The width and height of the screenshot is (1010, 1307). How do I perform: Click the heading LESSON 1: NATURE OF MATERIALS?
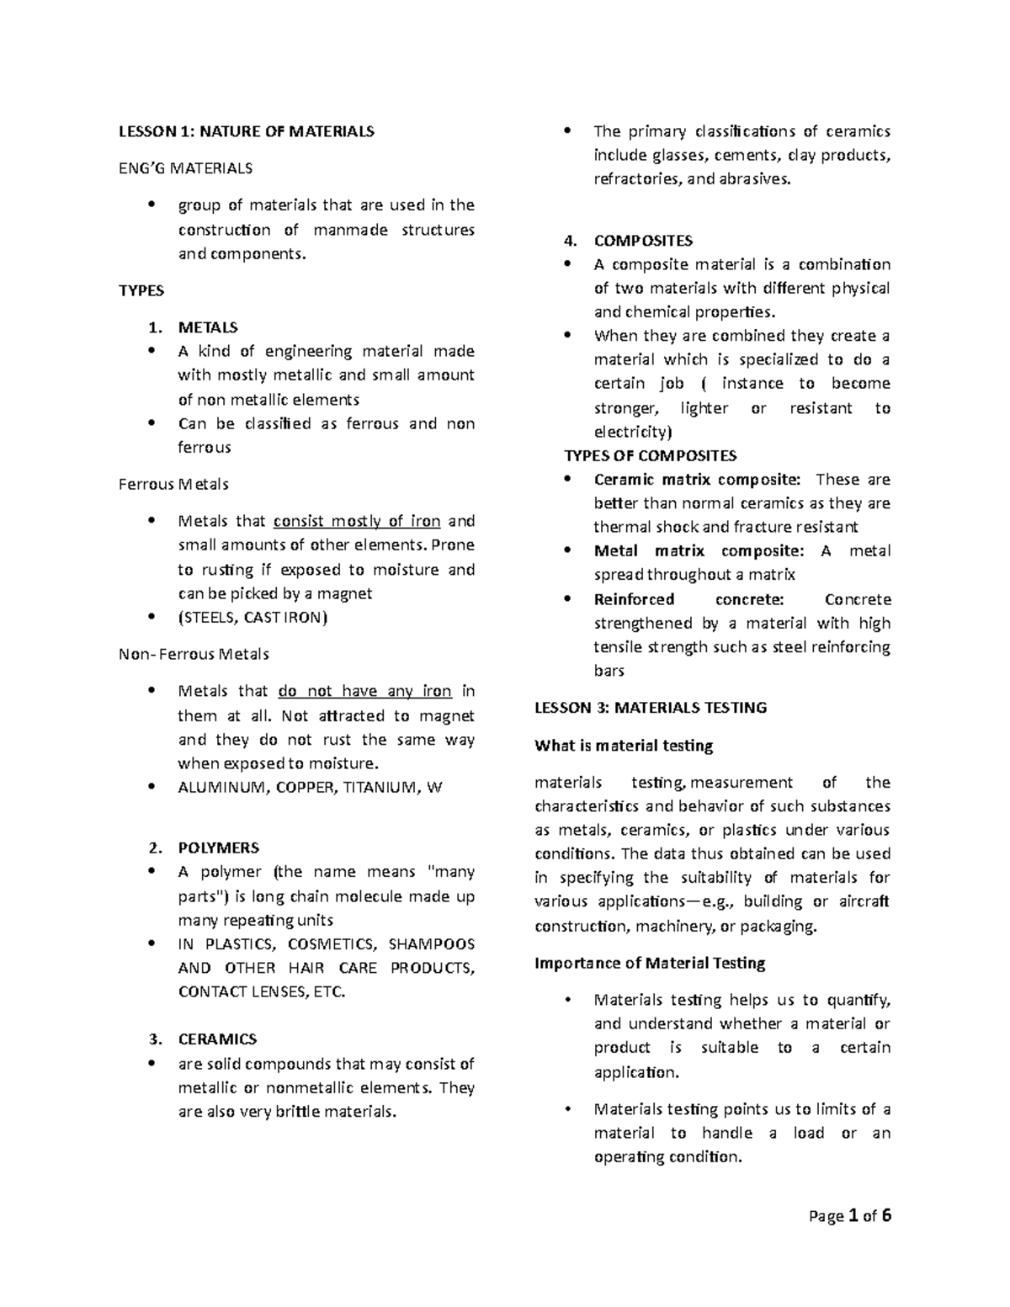(x=246, y=131)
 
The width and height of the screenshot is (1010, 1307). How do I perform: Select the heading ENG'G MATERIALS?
(x=185, y=168)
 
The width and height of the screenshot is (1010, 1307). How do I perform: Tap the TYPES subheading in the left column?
(x=141, y=290)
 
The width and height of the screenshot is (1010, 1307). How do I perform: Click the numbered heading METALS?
(x=208, y=327)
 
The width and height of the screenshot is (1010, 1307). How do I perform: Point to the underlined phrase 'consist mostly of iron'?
(x=357, y=521)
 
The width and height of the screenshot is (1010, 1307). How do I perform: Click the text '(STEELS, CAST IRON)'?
(x=252, y=617)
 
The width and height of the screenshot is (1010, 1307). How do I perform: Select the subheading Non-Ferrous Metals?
(x=194, y=654)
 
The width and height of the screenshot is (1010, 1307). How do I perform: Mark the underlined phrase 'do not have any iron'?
(x=364, y=691)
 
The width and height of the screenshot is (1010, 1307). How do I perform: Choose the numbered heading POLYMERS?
(x=218, y=847)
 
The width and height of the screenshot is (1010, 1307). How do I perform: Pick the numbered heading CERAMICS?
(x=217, y=1039)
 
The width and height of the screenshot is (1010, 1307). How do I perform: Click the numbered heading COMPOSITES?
(x=643, y=241)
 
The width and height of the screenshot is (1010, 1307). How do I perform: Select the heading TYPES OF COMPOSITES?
(x=650, y=456)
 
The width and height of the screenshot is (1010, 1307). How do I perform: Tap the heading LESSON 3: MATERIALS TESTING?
(x=651, y=708)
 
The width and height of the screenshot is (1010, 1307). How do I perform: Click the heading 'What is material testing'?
(x=624, y=746)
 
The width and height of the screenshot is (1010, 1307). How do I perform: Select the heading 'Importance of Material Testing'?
(x=650, y=963)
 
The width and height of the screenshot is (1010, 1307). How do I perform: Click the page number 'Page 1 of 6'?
(x=849, y=1216)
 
